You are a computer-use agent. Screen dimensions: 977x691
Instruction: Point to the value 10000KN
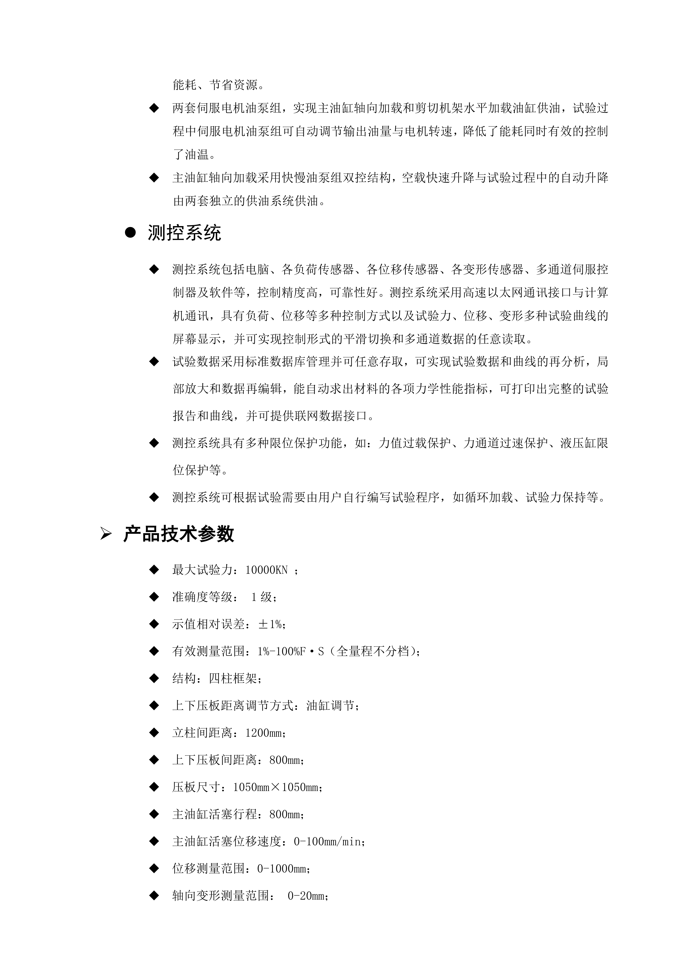click(x=267, y=570)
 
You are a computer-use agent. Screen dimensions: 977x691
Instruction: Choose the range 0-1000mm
click(x=282, y=869)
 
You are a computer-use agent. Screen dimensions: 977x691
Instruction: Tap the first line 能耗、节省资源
click(x=218, y=85)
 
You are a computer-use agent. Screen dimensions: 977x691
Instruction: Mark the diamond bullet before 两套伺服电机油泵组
click(x=154, y=108)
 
